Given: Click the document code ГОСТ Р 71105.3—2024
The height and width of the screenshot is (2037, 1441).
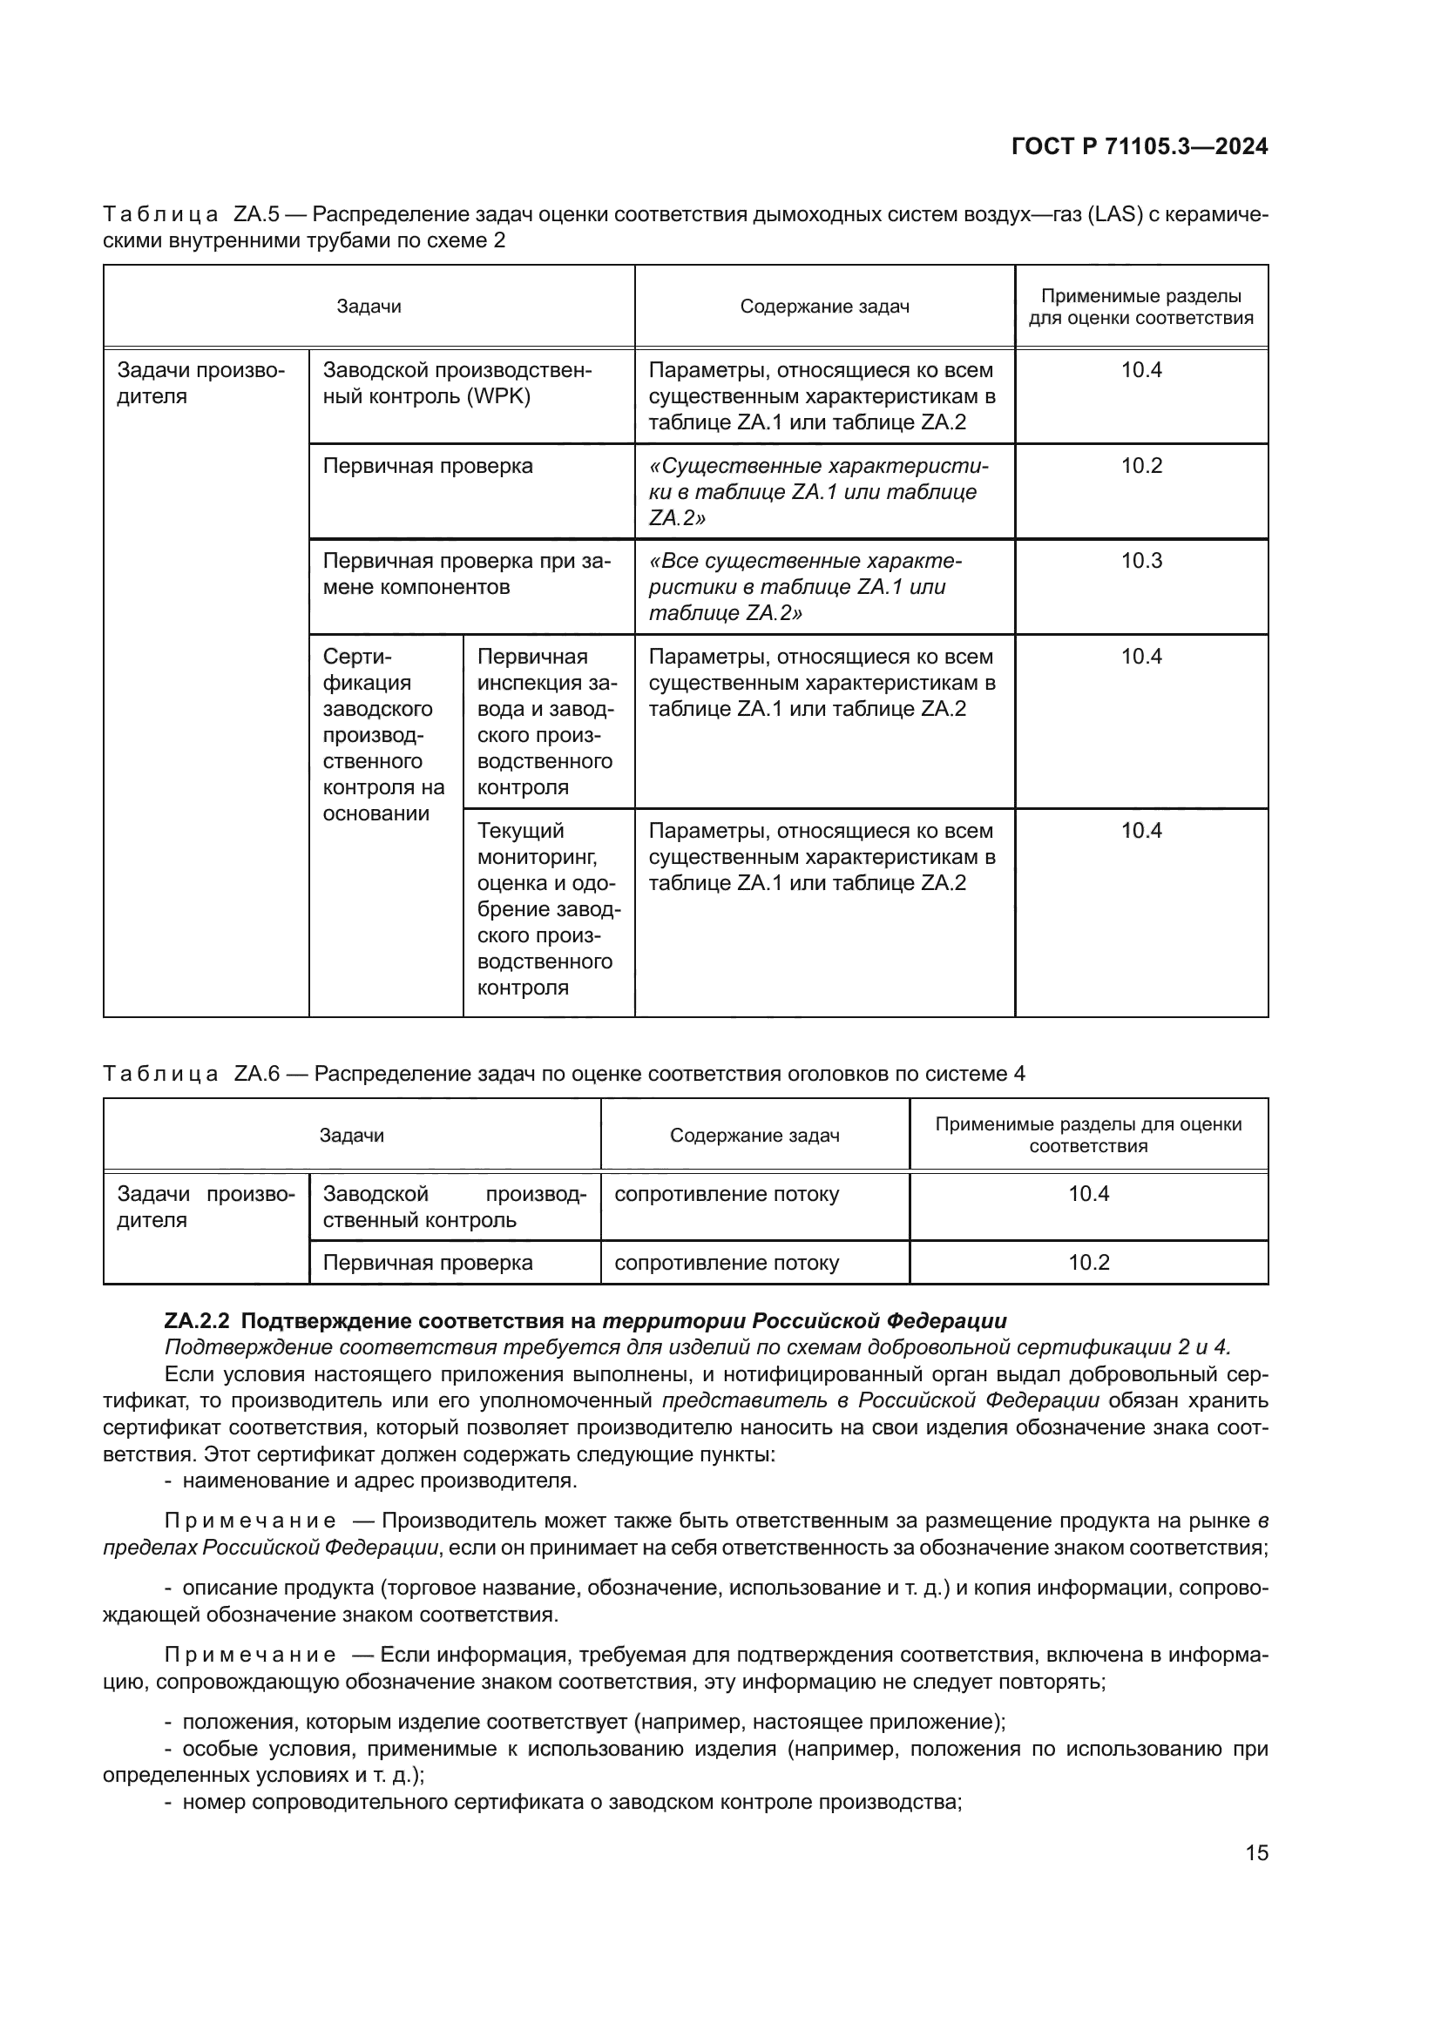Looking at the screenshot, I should (x=1140, y=146).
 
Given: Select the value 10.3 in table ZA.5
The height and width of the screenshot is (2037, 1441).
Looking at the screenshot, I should (x=1141, y=561).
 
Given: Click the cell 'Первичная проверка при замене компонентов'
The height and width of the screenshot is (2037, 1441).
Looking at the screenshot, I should (x=467, y=574).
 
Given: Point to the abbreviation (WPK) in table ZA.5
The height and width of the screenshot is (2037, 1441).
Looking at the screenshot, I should (x=498, y=396).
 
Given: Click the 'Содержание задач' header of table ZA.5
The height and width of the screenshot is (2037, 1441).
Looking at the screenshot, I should (x=824, y=307).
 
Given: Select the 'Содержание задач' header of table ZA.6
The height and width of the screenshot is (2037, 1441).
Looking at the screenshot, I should (x=754, y=1136).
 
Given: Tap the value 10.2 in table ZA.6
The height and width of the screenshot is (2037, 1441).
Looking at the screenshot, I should (x=1089, y=1263).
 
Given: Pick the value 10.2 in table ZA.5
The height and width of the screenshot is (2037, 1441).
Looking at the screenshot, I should (x=1141, y=466).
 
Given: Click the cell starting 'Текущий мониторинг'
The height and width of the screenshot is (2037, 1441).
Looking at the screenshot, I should (x=547, y=908).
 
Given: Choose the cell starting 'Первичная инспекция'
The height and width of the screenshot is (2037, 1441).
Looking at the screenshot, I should (x=546, y=721).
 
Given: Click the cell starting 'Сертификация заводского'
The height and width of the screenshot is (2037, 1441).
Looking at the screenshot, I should (x=383, y=735).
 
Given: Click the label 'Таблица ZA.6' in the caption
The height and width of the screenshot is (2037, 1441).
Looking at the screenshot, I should (x=191, y=1074).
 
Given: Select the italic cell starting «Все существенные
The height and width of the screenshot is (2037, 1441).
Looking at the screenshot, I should (x=806, y=586).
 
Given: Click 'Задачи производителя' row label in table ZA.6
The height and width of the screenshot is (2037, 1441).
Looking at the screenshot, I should (x=205, y=1206).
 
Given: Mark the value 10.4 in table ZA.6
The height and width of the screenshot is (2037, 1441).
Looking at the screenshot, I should (x=1089, y=1193).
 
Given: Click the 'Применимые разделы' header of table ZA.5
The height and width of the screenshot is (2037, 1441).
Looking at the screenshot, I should (x=1141, y=307).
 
